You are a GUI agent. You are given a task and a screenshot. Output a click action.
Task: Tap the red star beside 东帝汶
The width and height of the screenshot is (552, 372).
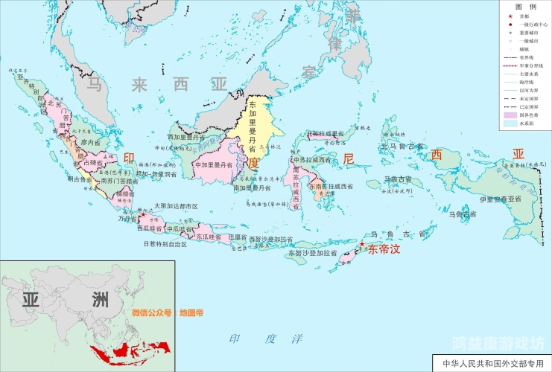362,244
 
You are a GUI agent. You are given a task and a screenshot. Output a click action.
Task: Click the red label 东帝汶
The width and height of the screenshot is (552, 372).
384,251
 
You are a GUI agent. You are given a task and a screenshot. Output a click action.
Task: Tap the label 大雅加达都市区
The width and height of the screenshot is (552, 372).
175,206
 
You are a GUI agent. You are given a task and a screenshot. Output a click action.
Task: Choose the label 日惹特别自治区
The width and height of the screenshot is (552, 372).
163,243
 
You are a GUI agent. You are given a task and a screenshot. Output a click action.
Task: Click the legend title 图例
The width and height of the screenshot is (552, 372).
526,6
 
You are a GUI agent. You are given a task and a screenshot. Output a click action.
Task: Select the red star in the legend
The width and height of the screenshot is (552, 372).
509,16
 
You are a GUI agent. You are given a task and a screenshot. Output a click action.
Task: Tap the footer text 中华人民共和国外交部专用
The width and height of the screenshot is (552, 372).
493,365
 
